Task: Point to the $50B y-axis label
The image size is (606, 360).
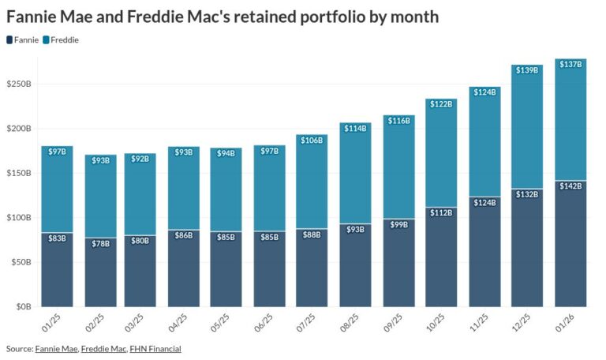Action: click(x=20, y=262)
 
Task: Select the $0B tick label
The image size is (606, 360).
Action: click(x=22, y=306)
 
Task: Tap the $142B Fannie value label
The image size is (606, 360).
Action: click(x=570, y=186)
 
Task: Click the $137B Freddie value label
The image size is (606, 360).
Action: click(x=570, y=64)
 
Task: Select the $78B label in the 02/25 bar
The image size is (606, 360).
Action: click(x=100, y=243)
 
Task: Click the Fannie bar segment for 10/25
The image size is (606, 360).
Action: click(x=441, y=261)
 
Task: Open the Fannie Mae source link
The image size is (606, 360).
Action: click(x=56, y=348)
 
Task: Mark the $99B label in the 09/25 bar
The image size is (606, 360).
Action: click(x=398, y=225)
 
